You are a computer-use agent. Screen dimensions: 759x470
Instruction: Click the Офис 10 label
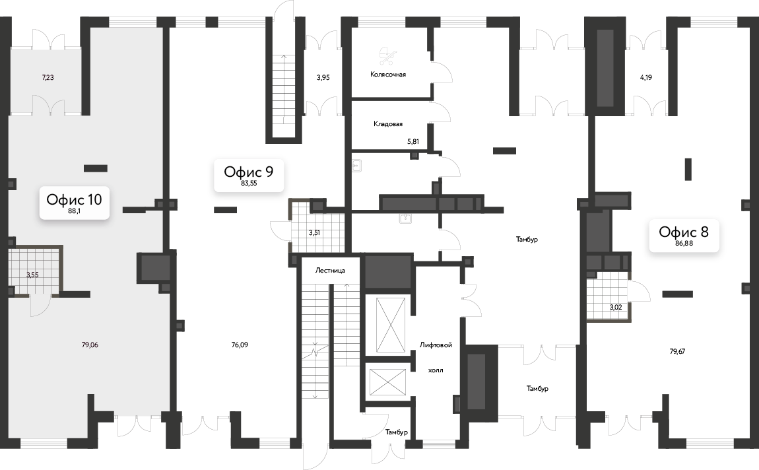[74, 203]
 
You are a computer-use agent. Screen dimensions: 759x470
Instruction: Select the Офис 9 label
[249, 175]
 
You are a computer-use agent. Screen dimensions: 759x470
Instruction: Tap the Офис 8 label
[684, 235]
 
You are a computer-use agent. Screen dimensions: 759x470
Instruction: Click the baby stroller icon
[387, 55]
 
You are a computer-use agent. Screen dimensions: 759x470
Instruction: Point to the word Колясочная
[387, 75]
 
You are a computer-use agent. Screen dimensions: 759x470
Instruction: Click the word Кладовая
[388, 124]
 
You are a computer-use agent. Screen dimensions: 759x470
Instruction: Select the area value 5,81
[413, 142]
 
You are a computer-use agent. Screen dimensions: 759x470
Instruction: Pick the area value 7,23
[48, 77]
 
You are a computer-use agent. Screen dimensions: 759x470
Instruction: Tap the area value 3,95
[323, 77]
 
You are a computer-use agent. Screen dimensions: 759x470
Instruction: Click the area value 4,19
[645, 77]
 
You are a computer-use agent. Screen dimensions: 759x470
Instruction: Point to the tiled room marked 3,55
[33, 271]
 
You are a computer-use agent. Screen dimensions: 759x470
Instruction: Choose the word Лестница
[330, 270]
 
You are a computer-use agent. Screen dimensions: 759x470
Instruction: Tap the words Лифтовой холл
[436, 358]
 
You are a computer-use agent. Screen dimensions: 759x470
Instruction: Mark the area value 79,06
[90, 345]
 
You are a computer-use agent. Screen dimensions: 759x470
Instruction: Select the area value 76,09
[240, 345]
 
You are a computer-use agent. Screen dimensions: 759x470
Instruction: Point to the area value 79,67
[677, 351]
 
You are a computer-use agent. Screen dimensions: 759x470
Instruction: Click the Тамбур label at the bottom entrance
[397, 432]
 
